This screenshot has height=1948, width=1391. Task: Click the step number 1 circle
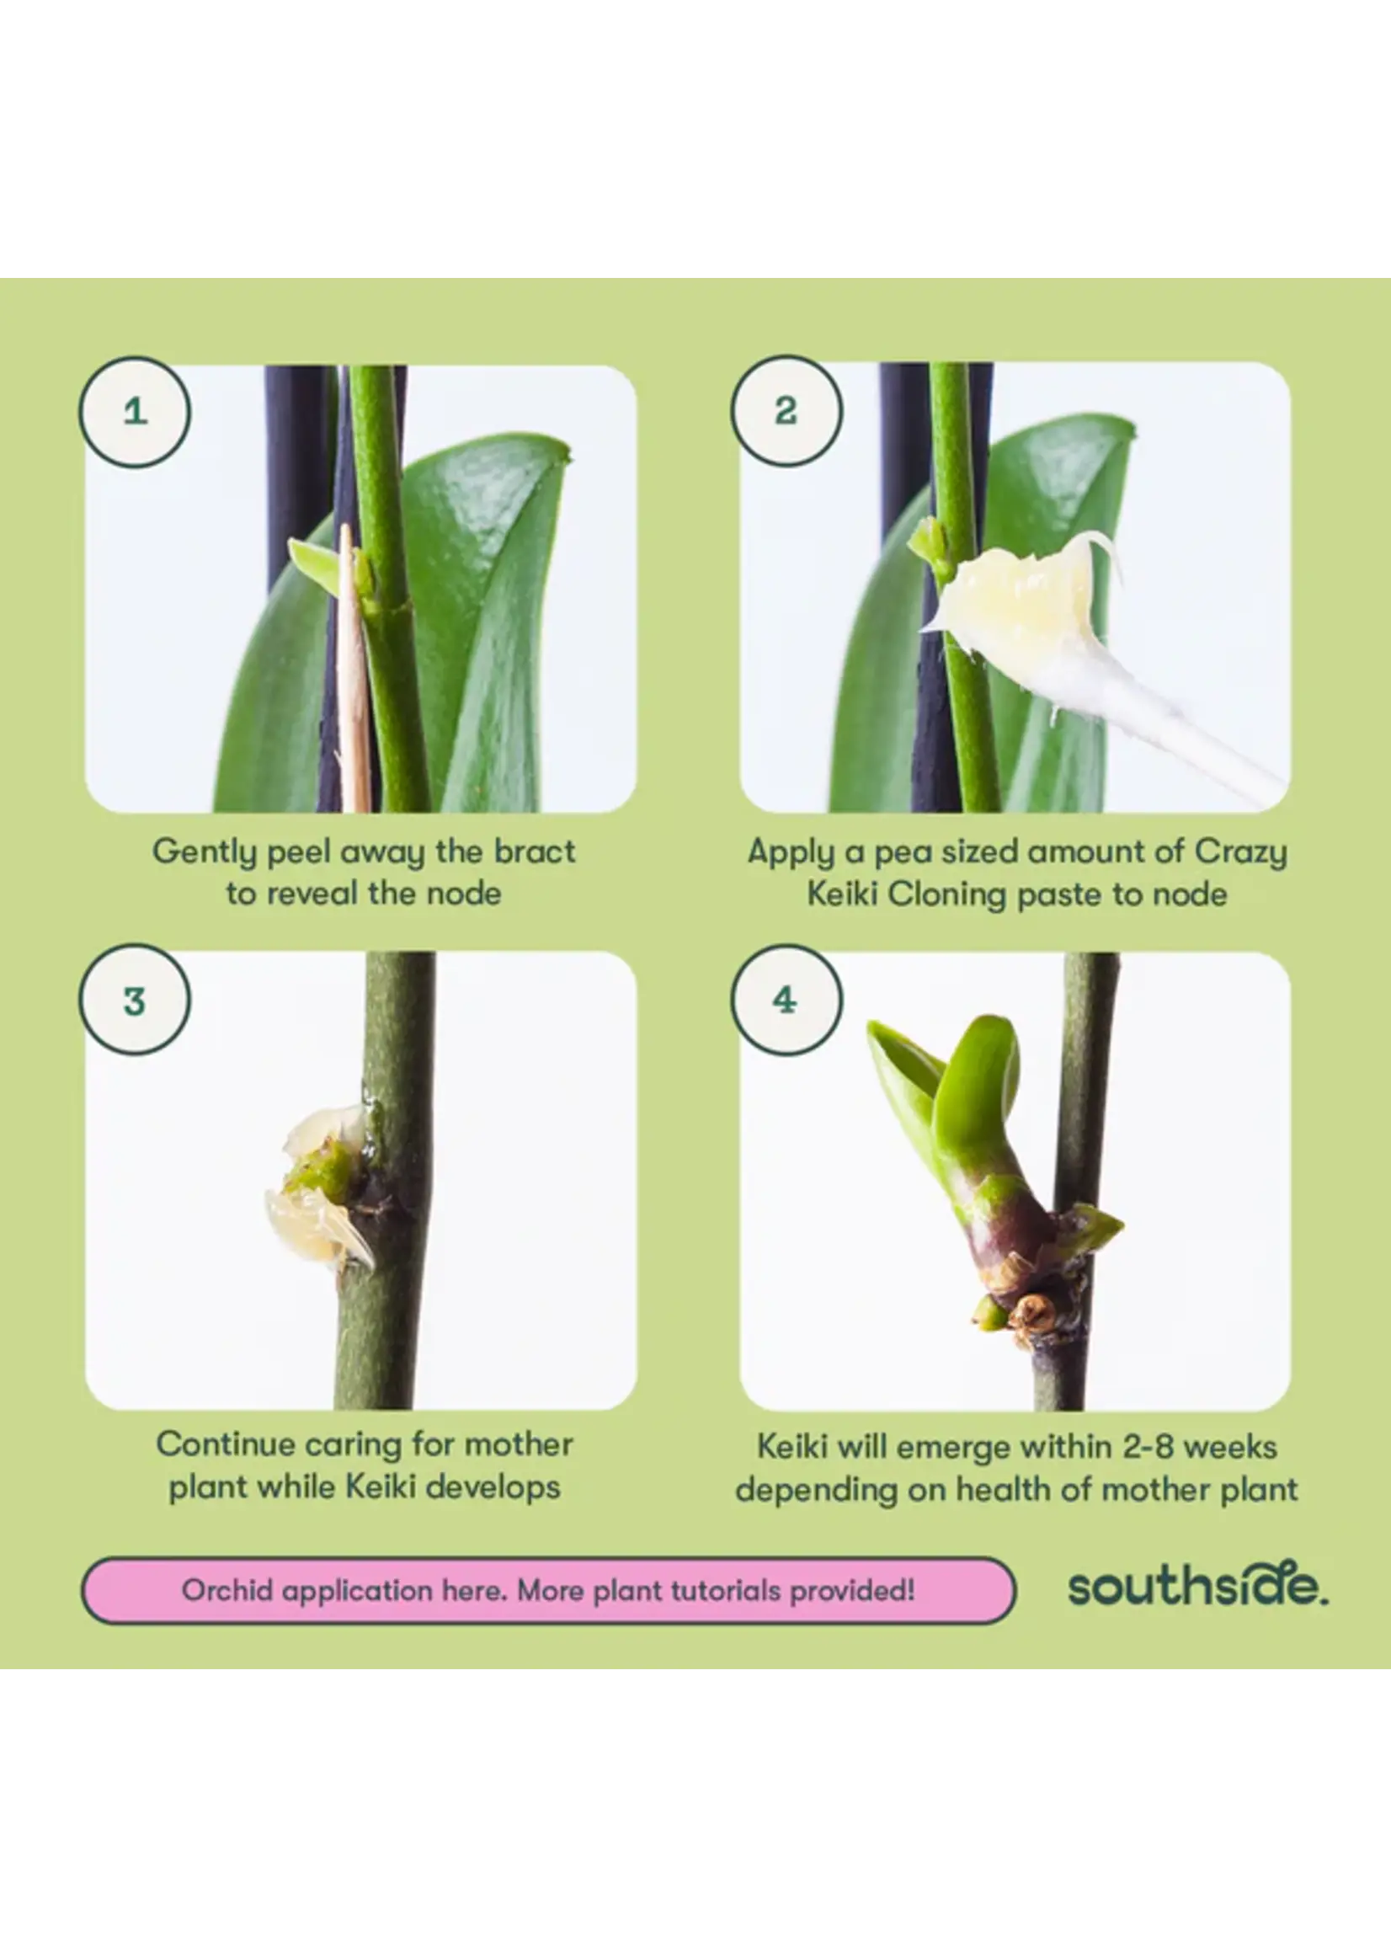(135, 412)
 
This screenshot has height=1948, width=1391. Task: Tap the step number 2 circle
(786, 411)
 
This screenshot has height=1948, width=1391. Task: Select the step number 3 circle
(135, 999)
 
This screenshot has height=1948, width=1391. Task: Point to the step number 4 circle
(786, 999)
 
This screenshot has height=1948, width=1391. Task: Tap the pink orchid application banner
(548, 1591)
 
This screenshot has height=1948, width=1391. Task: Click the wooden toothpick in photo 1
(354, 668)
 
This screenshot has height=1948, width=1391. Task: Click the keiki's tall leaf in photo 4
(977, 1088)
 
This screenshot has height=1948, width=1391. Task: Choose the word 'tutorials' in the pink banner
(724, 1591)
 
